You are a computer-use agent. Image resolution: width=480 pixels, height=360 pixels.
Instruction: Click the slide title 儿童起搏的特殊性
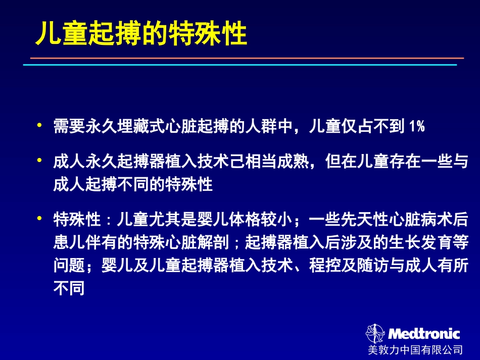tap(141, 34)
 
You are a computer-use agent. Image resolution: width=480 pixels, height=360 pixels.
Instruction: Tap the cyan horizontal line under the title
tap(240, 65)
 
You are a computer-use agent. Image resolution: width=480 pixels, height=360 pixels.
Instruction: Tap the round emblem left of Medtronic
tap(375, 334)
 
